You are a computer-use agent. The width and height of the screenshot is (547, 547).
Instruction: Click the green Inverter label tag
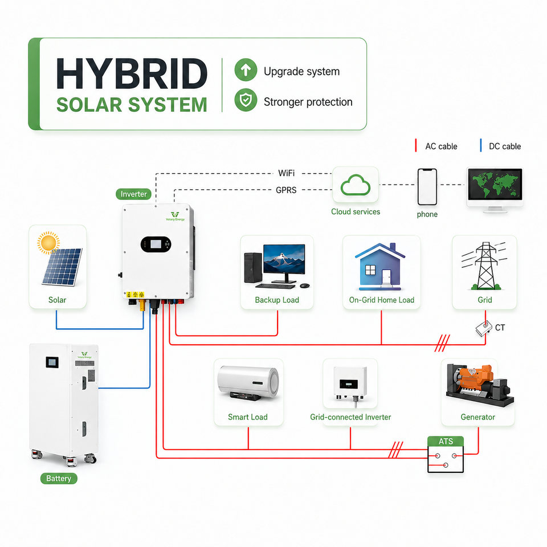pos(133,194)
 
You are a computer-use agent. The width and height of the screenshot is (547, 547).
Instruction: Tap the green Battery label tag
pos(59,478)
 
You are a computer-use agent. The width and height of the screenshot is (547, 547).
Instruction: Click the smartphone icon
pos(427,187)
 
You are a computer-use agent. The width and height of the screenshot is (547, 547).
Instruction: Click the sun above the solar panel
pos(48,243)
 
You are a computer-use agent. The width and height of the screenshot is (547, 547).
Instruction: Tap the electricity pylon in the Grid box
pos(484,266)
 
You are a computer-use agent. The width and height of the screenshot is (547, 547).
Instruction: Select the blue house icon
pos(380,267)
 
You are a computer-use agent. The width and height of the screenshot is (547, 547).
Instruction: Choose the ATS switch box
pos(446,454)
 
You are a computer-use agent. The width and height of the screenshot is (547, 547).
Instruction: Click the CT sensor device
pos(484,328)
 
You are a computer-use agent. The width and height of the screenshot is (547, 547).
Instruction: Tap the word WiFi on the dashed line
pos(287,173)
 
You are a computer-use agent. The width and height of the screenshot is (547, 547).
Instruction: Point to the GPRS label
pos(286,190)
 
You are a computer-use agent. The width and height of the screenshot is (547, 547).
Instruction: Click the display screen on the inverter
pos(156,244)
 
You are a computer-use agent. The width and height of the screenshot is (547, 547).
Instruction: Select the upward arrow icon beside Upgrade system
pos(246,70)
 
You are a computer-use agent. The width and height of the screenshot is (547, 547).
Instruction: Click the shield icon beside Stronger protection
pos(246,100)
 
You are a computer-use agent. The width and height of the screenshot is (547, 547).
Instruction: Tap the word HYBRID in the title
pos(132,74)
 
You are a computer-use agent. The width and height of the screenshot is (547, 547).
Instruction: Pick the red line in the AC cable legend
pos(416,145)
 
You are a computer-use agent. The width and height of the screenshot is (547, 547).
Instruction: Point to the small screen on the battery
pos(52,362)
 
